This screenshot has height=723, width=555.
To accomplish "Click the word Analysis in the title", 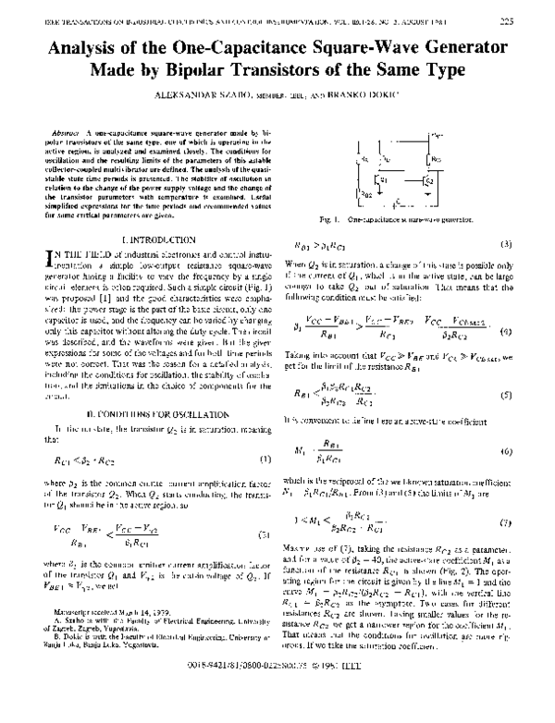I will pos(94,47).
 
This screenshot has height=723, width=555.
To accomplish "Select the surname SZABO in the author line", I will pos(216,95).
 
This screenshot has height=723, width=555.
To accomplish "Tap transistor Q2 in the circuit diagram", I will pos(425,181).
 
